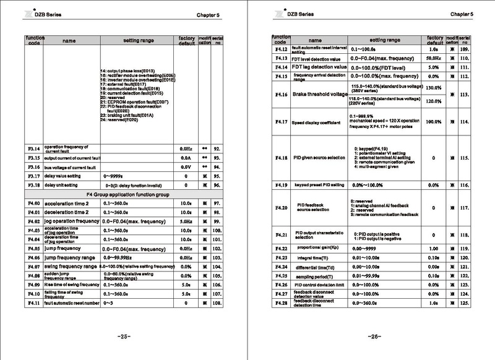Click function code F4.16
point(282,95)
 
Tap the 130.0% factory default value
point(434,88)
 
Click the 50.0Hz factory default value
point(434,57)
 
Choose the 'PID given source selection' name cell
point(319,158)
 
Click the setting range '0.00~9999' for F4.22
point(363,247)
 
